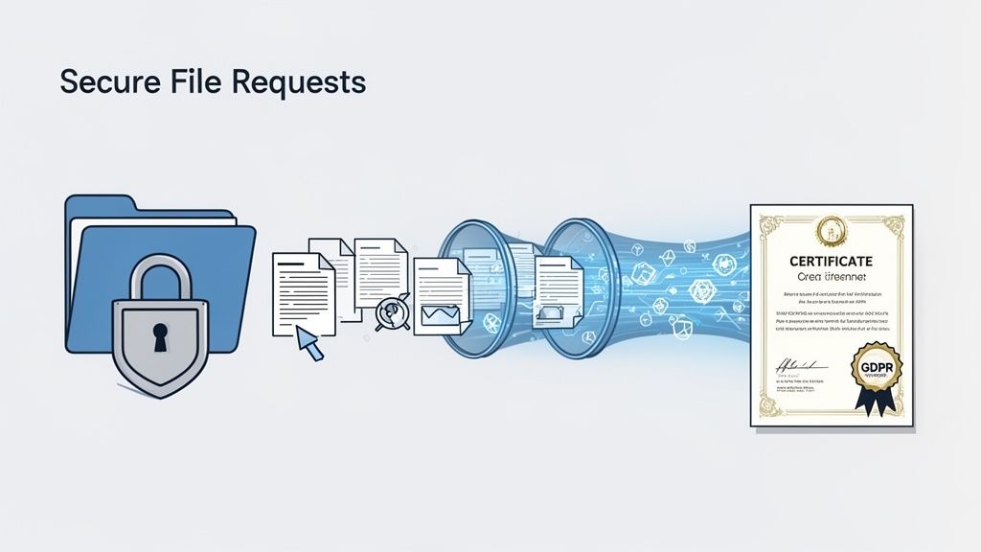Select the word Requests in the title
pos(298,81)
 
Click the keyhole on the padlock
pos(159,336)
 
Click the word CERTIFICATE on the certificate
pos(831,261)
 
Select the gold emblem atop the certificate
pos(830,230)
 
